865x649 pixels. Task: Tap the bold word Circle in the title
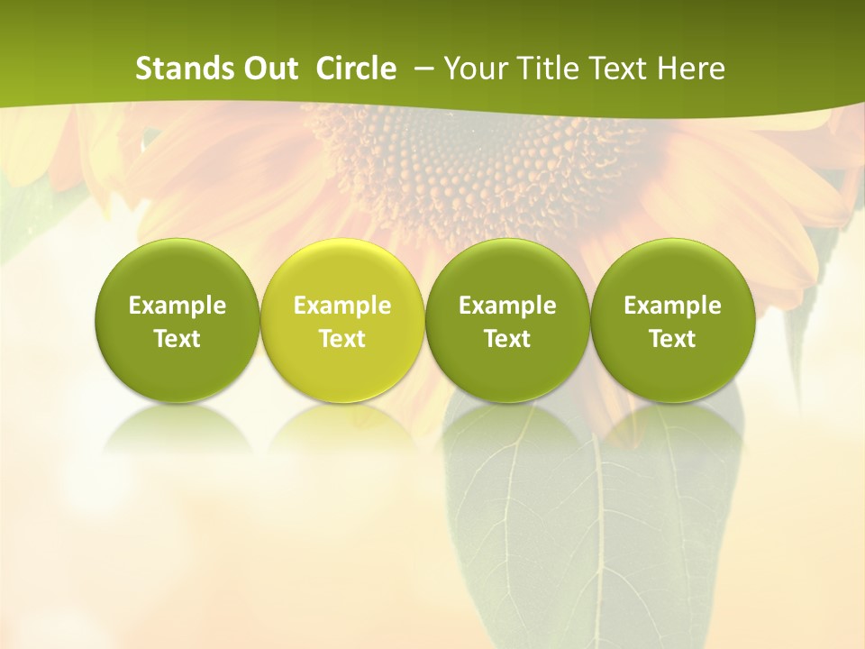coord(356,69)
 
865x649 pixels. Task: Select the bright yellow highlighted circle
coord(342,320)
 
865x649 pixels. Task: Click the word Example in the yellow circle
coord(342,306)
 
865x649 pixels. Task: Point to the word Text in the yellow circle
coord(342,339)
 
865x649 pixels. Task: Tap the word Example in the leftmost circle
coord(177,306)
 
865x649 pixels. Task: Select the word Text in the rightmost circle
coord(672,339)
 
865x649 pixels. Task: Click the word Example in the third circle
coord(507,306)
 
